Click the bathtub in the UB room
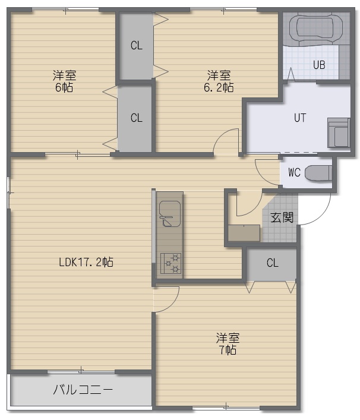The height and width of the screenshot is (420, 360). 316,28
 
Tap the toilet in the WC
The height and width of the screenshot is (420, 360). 318,173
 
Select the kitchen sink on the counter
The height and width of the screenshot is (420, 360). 169,213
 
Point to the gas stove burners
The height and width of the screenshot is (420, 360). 170,263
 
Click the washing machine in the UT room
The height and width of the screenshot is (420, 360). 339,132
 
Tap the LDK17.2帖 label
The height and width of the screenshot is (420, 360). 86,262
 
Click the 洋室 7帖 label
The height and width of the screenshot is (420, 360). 228,344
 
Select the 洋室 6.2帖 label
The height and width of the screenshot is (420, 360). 219,81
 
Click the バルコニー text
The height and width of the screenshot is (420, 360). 83,390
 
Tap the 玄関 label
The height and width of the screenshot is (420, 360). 282,217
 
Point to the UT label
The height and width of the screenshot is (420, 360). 300,118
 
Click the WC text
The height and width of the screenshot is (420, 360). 295,172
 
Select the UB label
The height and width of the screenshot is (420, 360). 319,65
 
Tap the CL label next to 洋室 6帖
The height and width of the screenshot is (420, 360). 137,118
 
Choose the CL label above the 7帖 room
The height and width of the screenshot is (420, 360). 273,263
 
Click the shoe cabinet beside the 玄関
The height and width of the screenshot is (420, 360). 244,233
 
